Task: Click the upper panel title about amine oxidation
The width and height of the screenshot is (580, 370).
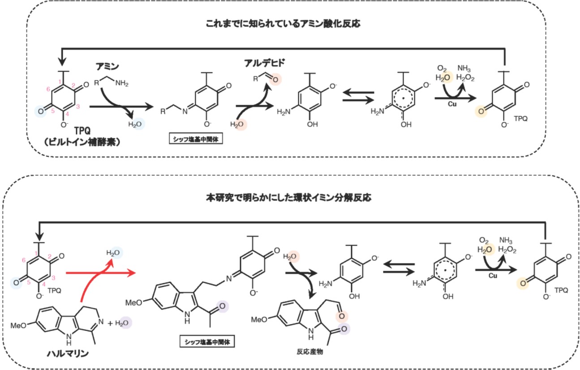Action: point(283,25)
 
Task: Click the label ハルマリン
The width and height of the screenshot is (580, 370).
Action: point(68,354)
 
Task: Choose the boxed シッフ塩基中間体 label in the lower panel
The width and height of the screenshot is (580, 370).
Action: point(207,342)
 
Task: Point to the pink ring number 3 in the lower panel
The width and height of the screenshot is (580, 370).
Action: point(54,278)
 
